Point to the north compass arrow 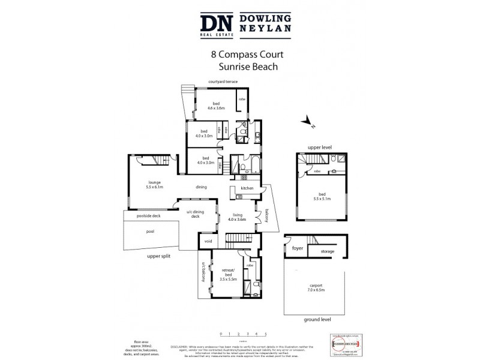point(308,122)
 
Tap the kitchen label point(247,188)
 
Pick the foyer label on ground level point(298,248)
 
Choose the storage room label point(327,251)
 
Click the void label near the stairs point(208,242)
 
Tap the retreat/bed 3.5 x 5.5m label point(228,277)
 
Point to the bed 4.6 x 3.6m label point(216,106)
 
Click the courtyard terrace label point(223,81)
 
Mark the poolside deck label point(148,215)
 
